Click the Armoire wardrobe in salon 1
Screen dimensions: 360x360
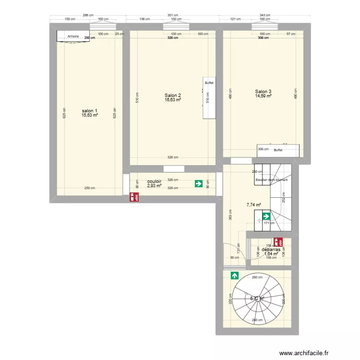click(73, 36)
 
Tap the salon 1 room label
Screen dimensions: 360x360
click(90, 110)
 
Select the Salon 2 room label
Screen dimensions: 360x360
click(173, 95)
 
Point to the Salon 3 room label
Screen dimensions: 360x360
click(263, 92)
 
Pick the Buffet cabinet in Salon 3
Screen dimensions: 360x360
click(278, 150)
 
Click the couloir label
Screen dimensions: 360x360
click(154, 181)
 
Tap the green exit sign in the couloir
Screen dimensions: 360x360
click(198, 183)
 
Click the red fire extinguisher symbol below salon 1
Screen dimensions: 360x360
click(134, 196)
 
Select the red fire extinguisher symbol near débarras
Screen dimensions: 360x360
click(277, 242)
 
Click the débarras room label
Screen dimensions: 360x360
click(271, 250)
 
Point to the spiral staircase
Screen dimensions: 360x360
click(258, 298)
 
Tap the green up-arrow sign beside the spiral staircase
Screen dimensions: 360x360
click(235, 276)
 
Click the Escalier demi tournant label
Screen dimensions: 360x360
click(272, 180)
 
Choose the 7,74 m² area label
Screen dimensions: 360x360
click(253, 205)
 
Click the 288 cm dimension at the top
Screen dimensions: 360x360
click(87, 15)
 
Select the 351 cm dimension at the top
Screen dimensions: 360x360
click(172, 15)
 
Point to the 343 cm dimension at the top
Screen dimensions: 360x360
click(265, 15)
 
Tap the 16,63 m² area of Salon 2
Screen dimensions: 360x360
click(173, 100)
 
